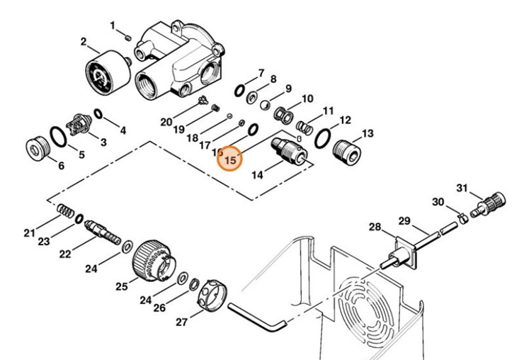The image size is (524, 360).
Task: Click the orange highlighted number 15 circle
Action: [x=230, y=160]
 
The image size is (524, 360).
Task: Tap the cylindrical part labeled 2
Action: [x=106, y=74]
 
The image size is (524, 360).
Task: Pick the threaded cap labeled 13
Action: [x=347, y=150]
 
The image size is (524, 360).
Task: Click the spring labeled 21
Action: [x=64, y=211]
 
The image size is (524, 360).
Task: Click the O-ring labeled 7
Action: [x=240, y=90]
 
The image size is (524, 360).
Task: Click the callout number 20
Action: [x=166, y=122]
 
